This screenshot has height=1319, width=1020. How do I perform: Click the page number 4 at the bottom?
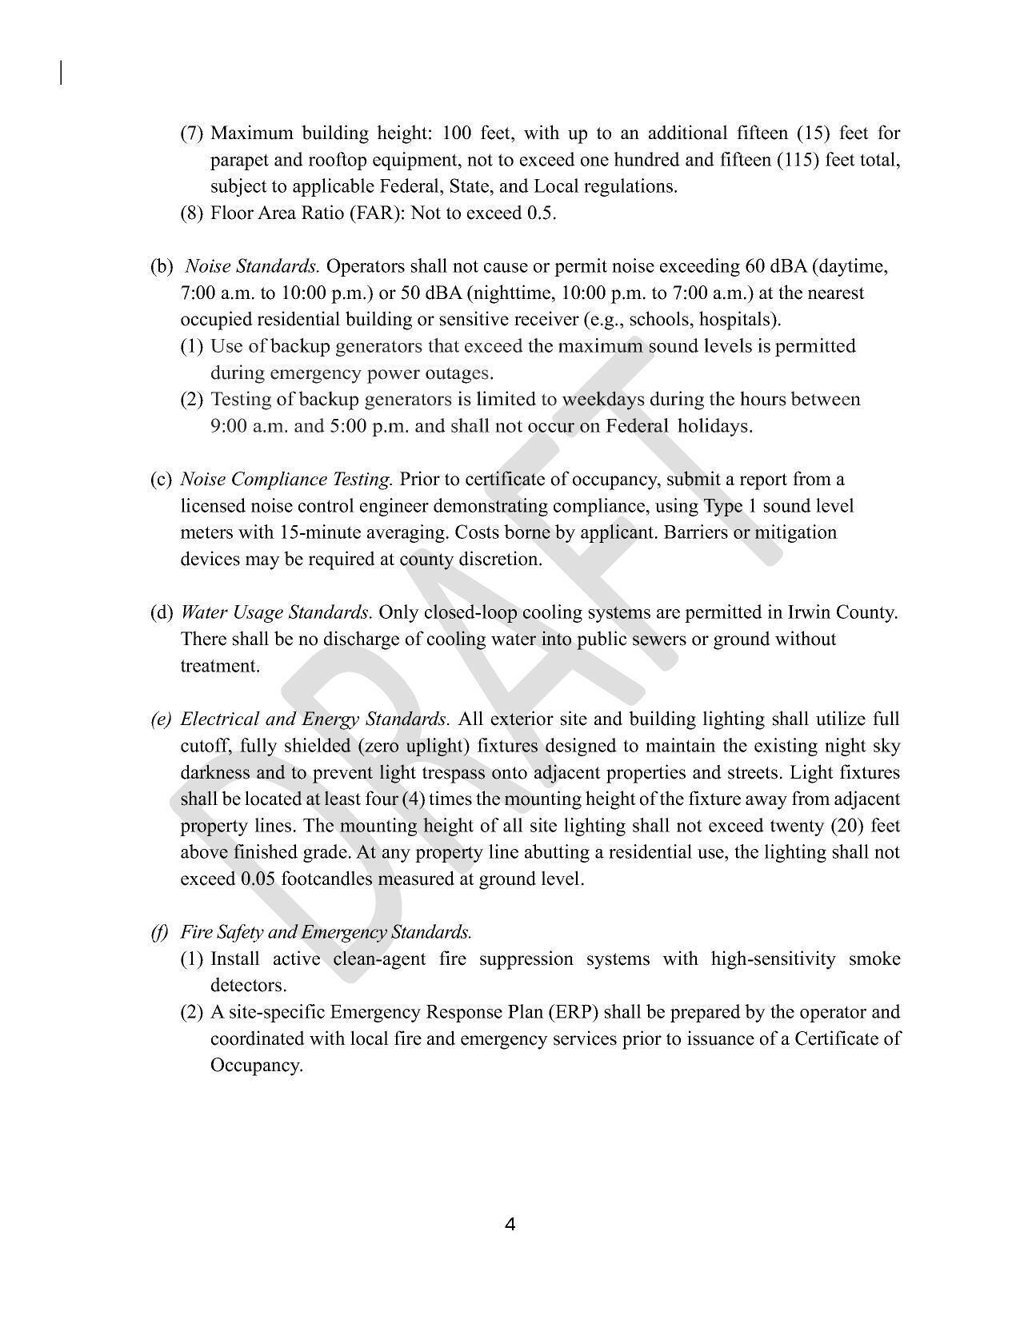510,1224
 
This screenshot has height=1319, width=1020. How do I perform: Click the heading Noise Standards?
252,266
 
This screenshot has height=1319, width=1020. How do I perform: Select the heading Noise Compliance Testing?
286,480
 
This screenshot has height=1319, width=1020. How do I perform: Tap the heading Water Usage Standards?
276,612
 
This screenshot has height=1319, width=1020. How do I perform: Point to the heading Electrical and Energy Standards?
315,719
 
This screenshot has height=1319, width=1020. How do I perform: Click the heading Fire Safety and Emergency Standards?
326,932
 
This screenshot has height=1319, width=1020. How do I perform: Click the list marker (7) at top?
192,133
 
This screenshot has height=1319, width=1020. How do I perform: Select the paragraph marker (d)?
162,612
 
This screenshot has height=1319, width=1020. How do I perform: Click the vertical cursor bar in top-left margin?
61,72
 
